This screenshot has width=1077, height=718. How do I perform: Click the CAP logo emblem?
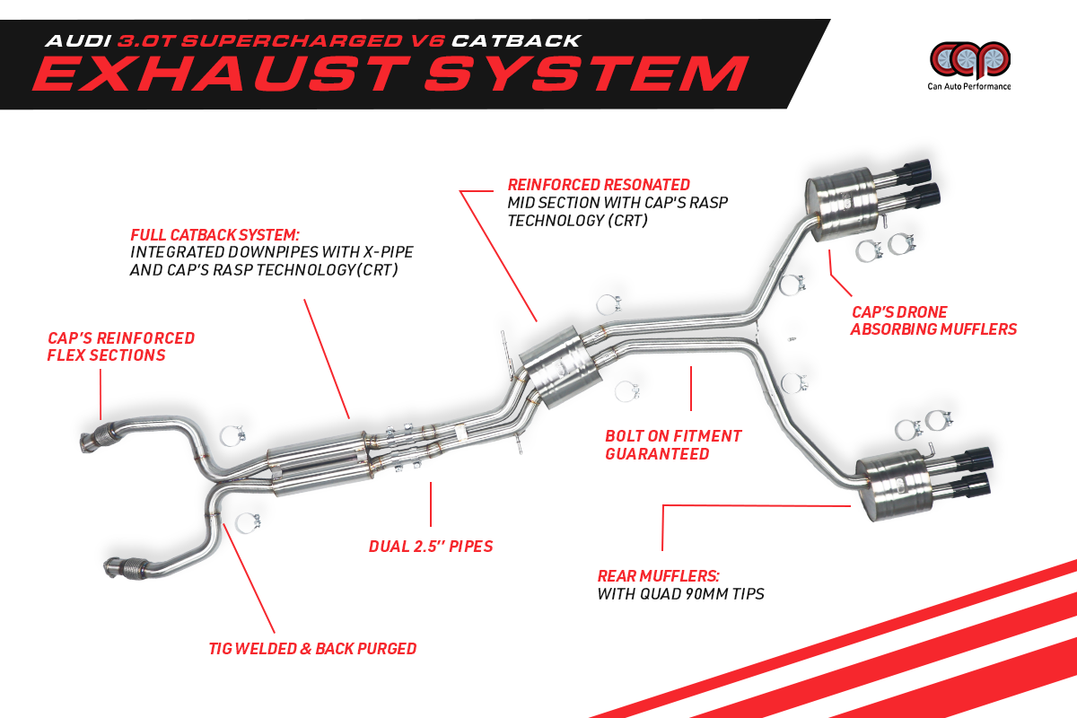click(968, 59)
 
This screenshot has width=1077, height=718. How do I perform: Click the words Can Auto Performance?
click(968, 87)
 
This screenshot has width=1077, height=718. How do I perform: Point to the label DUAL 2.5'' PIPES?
click(431, 546)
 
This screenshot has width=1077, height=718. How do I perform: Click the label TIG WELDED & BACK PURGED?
click(312, 648)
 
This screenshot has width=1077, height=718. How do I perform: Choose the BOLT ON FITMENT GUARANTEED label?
click(673, 444)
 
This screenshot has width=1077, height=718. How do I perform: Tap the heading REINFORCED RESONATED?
click(599, 185)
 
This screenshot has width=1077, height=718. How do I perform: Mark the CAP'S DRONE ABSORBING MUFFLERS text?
click(933, 320)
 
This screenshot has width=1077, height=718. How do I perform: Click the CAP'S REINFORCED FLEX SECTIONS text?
click(121, 346)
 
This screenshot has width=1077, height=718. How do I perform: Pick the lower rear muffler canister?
click(897, 485)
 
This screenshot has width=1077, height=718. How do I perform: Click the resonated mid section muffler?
click(561, 363)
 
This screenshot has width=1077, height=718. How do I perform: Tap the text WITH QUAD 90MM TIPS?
click(680, 594)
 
